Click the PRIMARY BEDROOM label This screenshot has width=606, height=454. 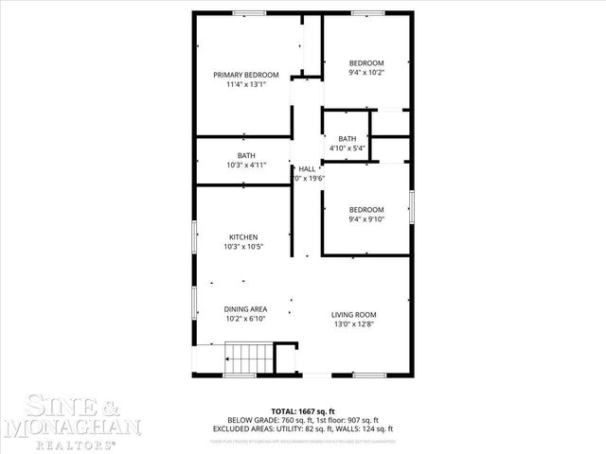[x=245, y=75]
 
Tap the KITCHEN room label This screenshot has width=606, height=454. [x=243, y=236]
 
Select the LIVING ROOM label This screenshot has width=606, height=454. [x=354, y=315]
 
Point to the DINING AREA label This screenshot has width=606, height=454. [x=245, y=309]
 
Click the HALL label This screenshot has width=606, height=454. [x=307, y=168]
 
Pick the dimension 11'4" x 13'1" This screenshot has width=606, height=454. [x=245, y=84]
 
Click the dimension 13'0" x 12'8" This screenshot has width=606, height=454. [x=354, y=324]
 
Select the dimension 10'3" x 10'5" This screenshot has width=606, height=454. [x=243, y=246]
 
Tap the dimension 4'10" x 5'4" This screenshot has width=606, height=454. [x=348, y=148]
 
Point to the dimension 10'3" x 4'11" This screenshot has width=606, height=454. [x=246, y=165]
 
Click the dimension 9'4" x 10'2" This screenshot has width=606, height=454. [x=366, y=72]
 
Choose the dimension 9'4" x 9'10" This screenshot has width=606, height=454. [x=366, y=218]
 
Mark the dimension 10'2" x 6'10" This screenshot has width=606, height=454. [x=245, y=319]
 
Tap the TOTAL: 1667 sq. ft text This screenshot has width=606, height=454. [x=303, y=410]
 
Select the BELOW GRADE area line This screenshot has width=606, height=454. [x=303, y=419]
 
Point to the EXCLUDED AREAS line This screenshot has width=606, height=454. [x=303, y=428]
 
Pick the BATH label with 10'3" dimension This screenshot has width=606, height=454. [x=246, y=155]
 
